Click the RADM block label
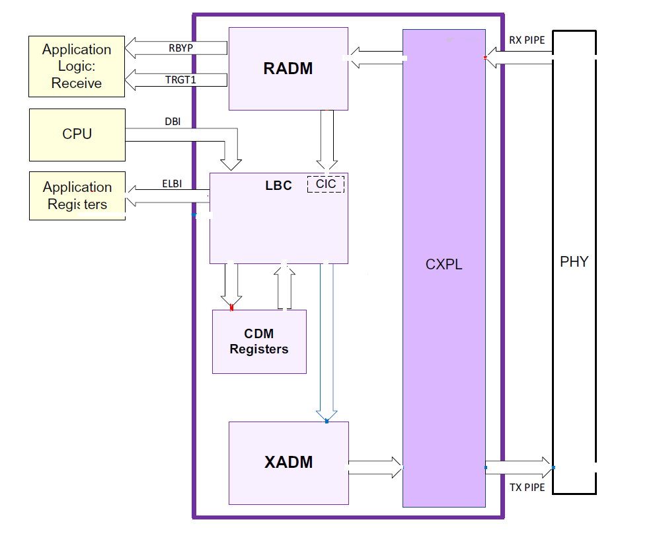click(288, 68)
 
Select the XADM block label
click(288, 462)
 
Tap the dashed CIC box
click(326, 184)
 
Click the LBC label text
click(278, 185)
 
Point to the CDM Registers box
click(259, 341)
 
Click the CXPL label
click(444, 265)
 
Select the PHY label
click(574, 261)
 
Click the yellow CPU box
click(77, 134)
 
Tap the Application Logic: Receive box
click(77, 66)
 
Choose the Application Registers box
click(77, 195)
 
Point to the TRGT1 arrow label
click(180, 80)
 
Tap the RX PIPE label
click(527, 40)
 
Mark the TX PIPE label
click(527, 488)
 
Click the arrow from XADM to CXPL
click(375, 467)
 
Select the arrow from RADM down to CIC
click(327, 139)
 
